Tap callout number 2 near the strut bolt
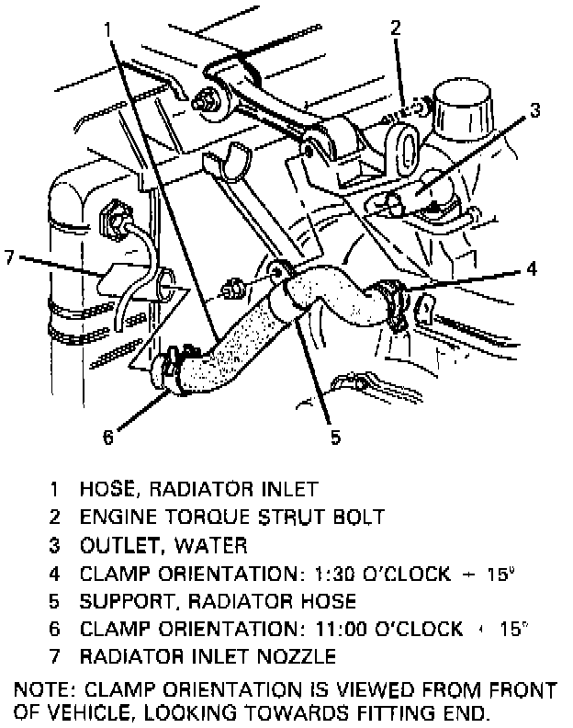click(396, 27)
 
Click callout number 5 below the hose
click(335, 437)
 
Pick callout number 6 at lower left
click(108, 438)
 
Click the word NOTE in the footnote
click(43, 688)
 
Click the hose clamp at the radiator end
click(174, 366)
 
